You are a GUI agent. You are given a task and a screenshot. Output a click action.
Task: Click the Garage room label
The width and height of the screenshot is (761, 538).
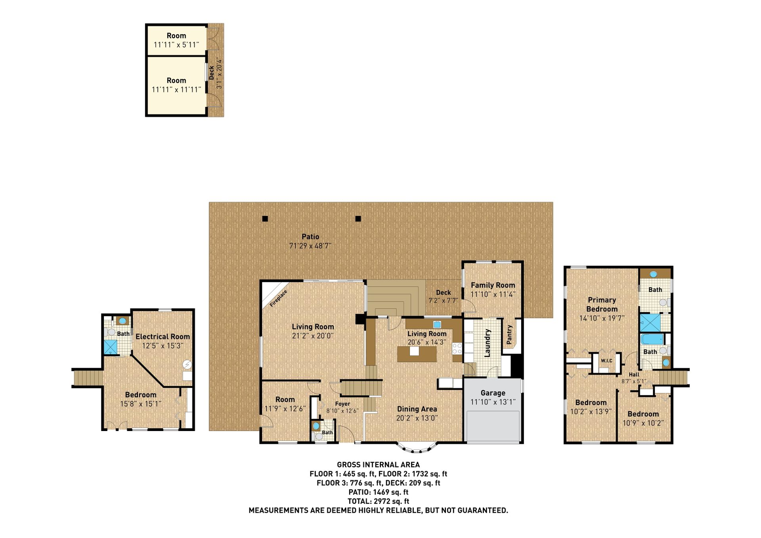493,393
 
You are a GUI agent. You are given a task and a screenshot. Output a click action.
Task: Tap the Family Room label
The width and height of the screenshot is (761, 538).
493,285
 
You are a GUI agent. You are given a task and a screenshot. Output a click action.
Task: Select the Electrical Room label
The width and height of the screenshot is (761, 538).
163,337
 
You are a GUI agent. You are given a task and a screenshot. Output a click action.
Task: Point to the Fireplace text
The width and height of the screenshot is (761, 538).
278,298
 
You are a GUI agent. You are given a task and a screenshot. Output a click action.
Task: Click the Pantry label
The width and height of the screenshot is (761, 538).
509,334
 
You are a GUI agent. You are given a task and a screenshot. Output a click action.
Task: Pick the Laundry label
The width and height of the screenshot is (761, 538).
488,343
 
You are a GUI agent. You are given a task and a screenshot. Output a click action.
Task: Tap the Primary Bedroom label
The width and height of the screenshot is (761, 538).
602,305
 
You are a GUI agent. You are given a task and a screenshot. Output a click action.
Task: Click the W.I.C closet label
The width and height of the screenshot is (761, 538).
606,361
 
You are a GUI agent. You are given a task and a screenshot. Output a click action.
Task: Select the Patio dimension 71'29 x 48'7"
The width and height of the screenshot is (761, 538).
310,246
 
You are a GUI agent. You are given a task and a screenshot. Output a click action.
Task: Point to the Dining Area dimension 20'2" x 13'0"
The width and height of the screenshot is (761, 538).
417,418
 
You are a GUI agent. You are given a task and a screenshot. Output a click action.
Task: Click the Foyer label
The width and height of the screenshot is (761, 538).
342,404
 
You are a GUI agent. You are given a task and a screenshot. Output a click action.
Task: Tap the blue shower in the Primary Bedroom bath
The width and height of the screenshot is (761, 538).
650,322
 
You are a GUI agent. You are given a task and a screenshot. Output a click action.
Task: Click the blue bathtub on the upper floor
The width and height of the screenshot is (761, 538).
652,340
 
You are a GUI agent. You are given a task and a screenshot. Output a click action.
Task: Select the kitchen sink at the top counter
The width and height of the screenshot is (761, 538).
437,324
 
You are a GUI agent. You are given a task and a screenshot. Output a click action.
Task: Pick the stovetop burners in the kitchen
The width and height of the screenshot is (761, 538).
457,348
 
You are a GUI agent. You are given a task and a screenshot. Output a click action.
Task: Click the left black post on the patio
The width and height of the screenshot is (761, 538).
265,219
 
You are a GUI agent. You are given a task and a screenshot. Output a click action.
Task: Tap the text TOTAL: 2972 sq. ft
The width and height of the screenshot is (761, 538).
378,501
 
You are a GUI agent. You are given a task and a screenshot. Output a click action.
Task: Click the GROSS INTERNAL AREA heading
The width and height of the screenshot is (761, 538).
378,465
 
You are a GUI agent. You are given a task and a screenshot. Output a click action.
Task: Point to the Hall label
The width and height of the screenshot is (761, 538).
634,374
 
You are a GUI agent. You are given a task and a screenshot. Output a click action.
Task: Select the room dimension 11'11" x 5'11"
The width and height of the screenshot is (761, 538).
176,45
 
